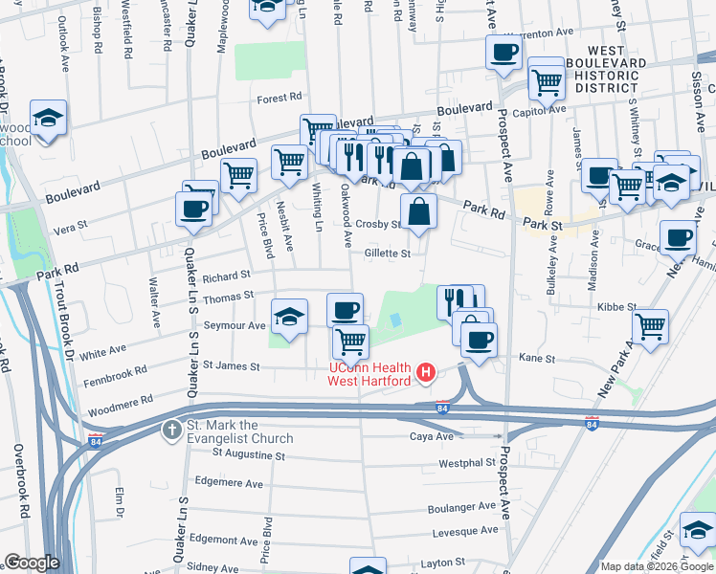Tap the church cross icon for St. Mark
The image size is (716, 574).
(171, 429)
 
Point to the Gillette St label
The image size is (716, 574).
(388, 254)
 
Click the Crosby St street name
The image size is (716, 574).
(377, 224)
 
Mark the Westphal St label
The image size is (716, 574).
(465, 463)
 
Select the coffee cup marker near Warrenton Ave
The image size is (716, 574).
(503, 54)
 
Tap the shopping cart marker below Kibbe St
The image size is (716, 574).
(651, 325)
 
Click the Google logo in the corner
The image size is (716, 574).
(32, 563)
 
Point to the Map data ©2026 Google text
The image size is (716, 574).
(657, 566)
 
